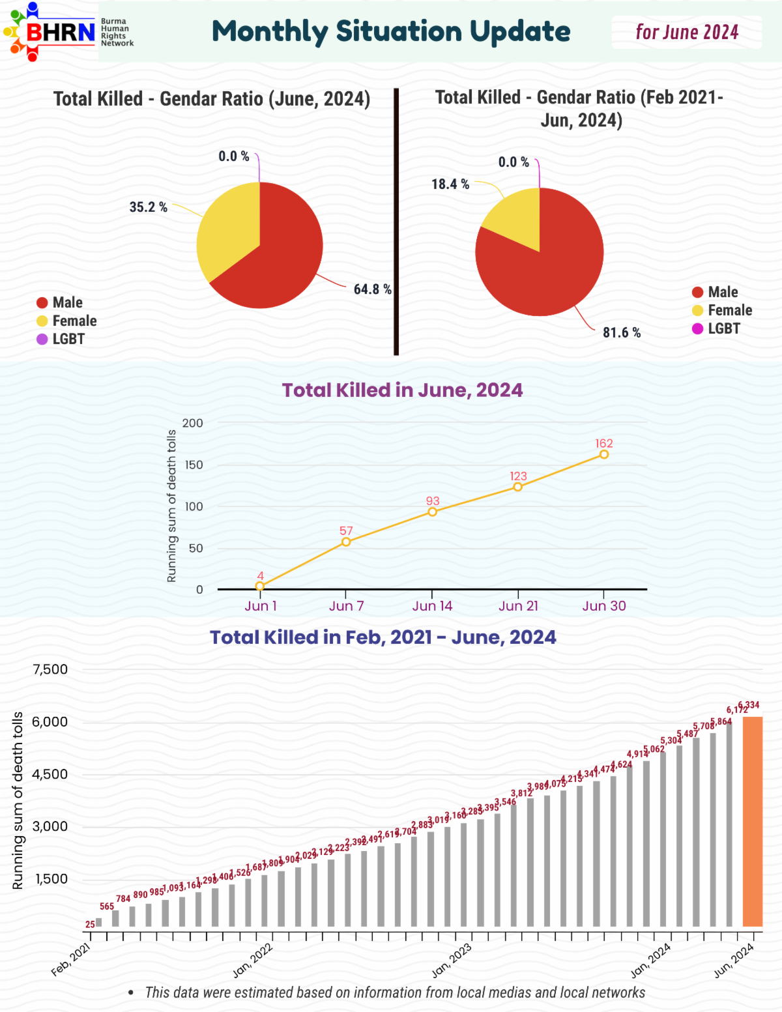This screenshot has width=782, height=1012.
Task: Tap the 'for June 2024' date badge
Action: coord(687,33)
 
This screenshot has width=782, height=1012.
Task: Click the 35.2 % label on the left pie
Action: coord(148,207)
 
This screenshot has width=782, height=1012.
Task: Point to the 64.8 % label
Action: coord(372,289)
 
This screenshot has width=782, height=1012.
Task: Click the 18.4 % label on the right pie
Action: coord(450,184)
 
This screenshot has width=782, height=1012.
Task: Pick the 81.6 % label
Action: coord(621,333)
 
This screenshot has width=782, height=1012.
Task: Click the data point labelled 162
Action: coord(604,454)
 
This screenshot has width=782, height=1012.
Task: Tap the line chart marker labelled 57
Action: coord(346,542)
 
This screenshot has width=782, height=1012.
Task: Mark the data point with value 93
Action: coord(432,512)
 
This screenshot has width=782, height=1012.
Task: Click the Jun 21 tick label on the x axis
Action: coord(518,606)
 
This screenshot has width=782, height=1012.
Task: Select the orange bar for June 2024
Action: coord(753,821)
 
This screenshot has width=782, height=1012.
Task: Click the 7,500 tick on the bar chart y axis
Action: coord(50,669)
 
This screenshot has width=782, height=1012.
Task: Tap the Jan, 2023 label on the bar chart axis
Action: coord(452,960)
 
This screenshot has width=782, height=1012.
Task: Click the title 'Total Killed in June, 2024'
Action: coord(402,390)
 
